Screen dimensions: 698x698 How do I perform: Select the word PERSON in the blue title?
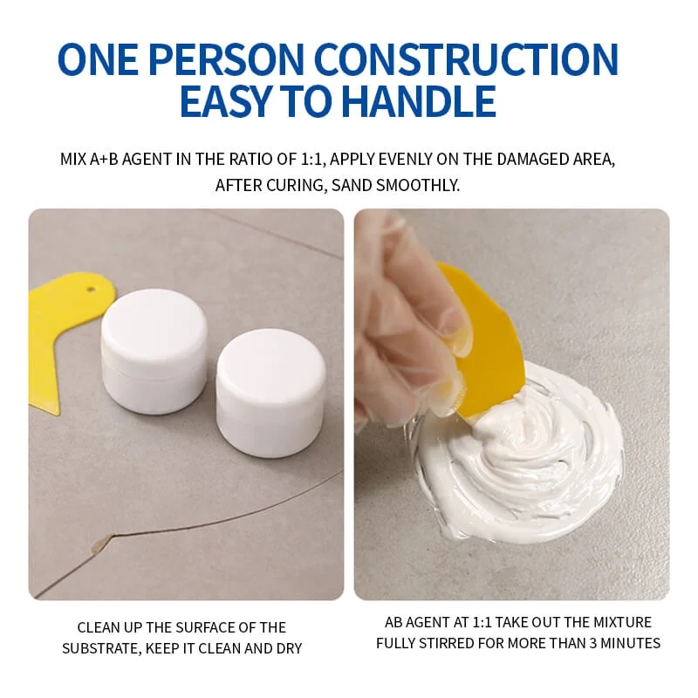[x=222, y=59]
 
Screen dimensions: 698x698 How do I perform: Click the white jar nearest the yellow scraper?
[x=154, y=349]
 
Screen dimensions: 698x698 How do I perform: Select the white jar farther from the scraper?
[x=270, y=379]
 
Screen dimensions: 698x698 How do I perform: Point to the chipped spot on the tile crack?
[x=103, y=543]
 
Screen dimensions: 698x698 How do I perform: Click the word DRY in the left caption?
[x=288, y=648]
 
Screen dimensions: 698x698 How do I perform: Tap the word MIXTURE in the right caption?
[x=620, y=622]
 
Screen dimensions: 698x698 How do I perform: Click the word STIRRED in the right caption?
[x=450, y=643]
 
